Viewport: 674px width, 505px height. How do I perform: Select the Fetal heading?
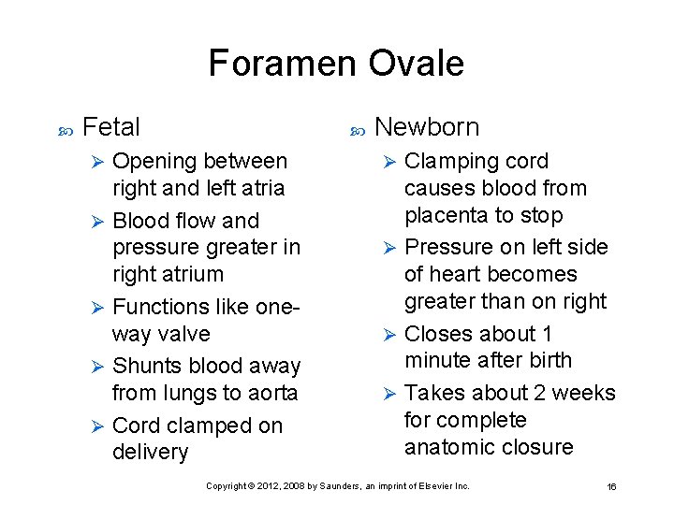point(111,127)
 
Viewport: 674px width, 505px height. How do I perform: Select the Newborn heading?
point(426,127)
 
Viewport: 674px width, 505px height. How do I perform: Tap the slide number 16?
point(611,486)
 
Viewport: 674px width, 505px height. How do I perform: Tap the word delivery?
point(150,453)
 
